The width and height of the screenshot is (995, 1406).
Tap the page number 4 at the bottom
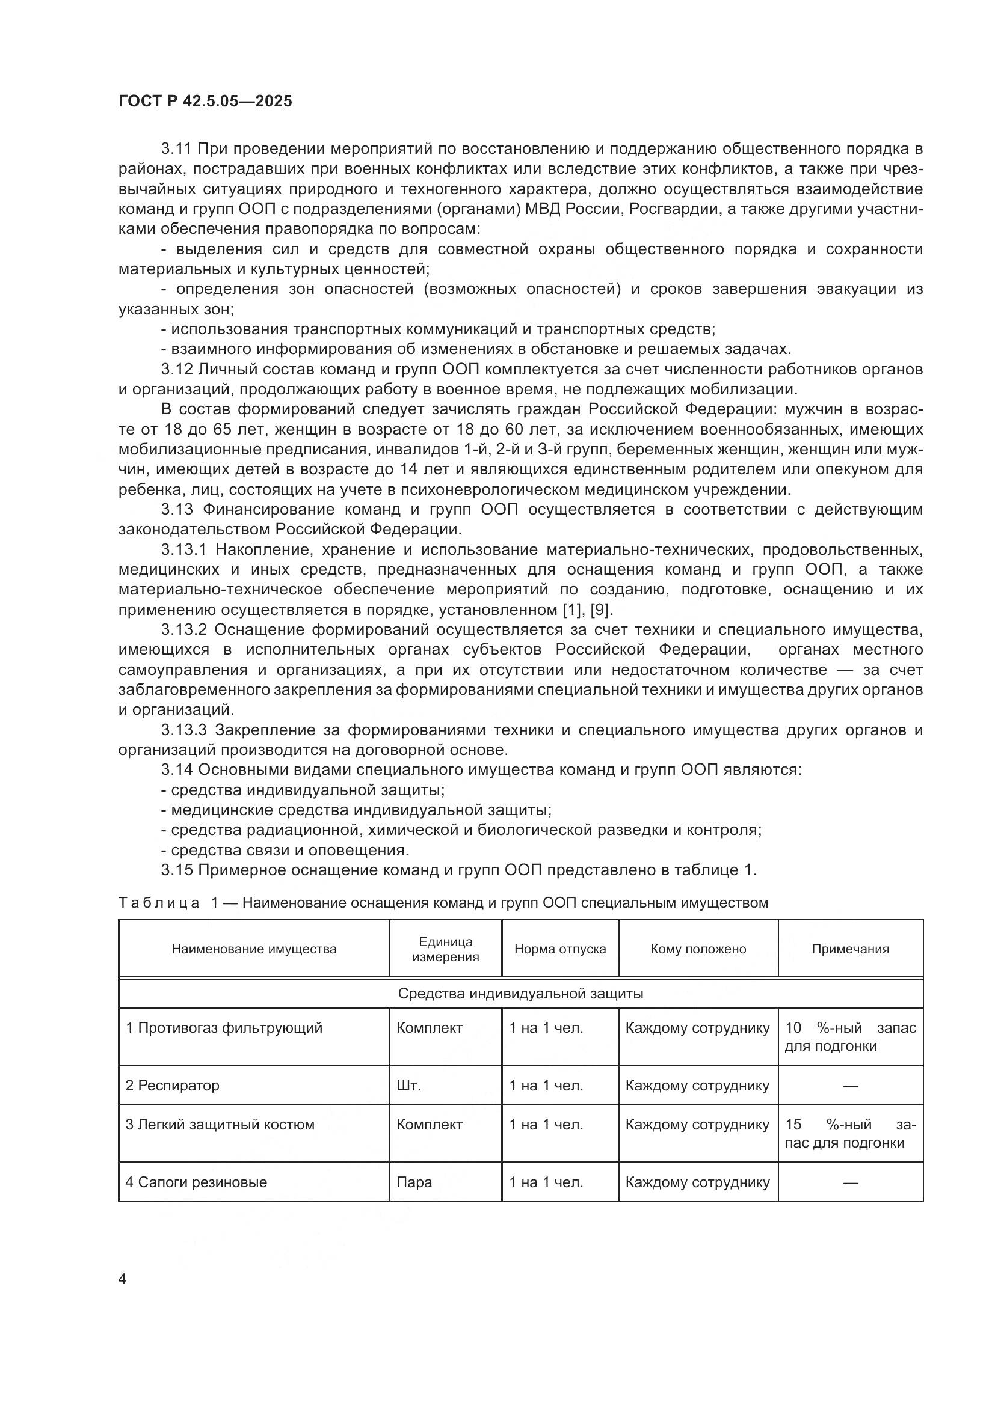[122, 1279]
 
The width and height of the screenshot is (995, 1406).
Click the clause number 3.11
[177, 149]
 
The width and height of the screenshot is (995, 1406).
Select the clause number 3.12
[177, 369]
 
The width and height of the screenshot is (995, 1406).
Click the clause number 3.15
[177, 870]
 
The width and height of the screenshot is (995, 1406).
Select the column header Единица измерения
[445, 949]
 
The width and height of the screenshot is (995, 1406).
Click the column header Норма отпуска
[560, 949]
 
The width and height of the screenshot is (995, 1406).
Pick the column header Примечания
[850, 949]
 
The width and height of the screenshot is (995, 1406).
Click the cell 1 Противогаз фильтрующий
[224, 1028]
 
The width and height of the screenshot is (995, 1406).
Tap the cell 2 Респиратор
[172, 1086]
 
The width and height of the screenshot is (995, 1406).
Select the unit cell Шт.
[408, 1086]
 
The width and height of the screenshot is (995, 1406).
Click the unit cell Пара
[414, 1182]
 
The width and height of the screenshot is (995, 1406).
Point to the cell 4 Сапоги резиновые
[196, 1182]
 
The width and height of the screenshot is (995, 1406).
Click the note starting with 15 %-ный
[850, 1134]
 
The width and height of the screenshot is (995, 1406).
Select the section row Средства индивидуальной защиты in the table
[520, 993]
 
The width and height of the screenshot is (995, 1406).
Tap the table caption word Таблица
[159, 903]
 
